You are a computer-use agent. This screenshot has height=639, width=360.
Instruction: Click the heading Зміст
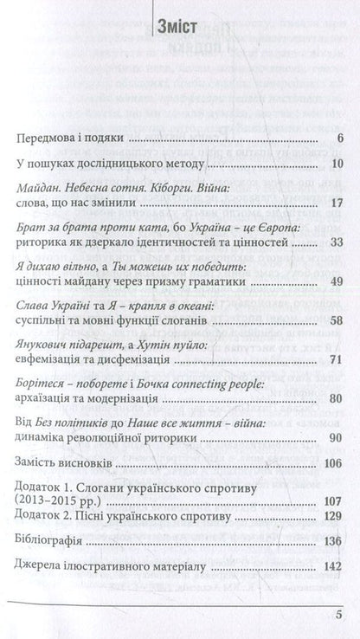[179, 25]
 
